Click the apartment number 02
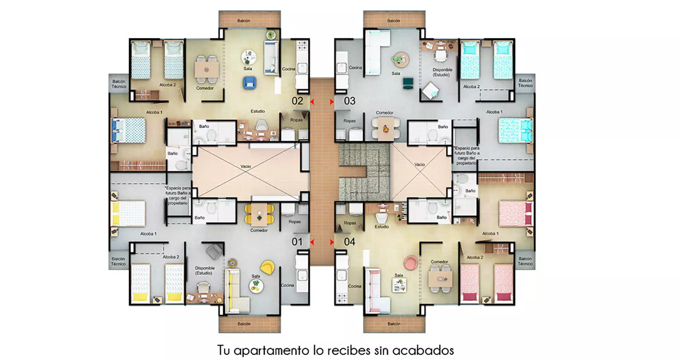(297, 101)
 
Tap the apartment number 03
(350, 101)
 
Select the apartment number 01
(297, 242)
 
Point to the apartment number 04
(350, 242)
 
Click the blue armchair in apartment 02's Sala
(249, 83)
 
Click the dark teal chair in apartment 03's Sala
(408, 83)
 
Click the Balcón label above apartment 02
(243, 20)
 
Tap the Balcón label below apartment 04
(394, 324)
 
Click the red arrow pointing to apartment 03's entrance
(331, 102)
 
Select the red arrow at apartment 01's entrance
(312, 242)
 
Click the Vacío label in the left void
(245, 166)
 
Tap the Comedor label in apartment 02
(205, 88)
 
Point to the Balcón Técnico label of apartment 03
(525, 83)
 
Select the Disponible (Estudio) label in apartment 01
(205, 270)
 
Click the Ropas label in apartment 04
(349, 223)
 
